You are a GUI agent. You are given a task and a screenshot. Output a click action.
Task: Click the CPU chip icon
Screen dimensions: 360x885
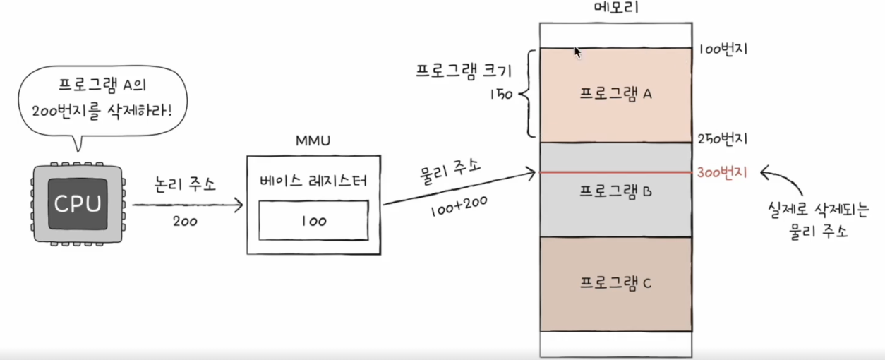click(x=78, y=205)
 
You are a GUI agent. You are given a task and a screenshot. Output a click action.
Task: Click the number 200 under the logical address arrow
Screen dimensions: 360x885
click(x=184, y=221)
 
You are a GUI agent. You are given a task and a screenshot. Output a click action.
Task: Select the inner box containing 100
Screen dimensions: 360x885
click(x=313, y=220)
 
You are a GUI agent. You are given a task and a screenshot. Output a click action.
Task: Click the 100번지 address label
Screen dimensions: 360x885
click(x=723, y=49)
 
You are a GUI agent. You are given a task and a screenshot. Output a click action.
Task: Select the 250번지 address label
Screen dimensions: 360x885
click(x=723, y=138)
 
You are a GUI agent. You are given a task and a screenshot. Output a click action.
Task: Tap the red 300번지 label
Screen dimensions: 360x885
click(x=723, y=172)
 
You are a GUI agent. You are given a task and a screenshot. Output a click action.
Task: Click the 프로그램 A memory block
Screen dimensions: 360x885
click(x=615, y=95)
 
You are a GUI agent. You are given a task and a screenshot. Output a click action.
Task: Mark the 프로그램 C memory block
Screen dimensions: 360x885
click(x=615, y=284)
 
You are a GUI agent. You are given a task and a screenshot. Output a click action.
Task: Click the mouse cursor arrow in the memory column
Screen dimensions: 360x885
click(x=577, y=52)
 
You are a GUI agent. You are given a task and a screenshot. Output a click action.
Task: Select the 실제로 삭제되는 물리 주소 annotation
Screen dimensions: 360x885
click(x=807, y=219)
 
